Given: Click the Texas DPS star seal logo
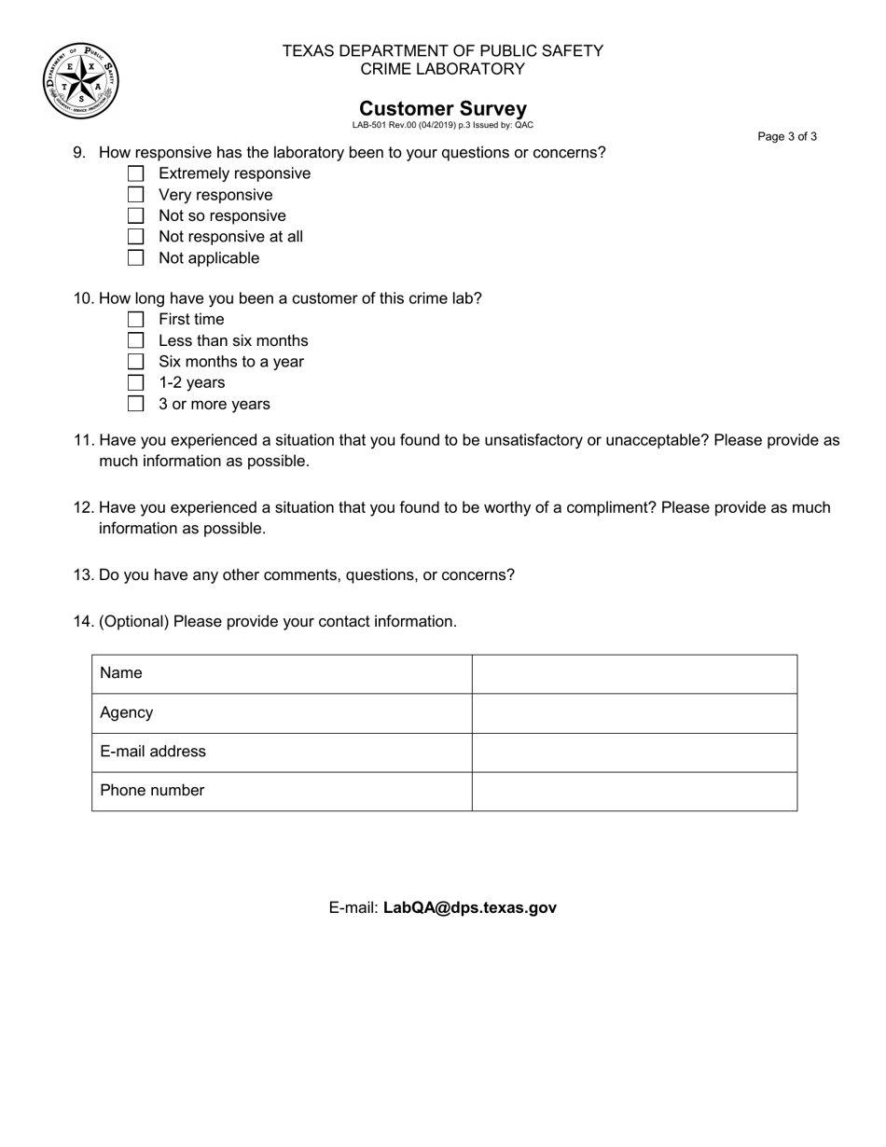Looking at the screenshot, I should [81, 81].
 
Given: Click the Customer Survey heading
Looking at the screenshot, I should [443, 108].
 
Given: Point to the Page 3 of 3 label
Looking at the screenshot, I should [787, 137].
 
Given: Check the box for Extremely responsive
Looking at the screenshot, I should [136, 173].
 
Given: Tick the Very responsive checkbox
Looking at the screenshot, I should [136, 195].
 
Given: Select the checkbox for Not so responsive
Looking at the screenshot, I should [136, 215].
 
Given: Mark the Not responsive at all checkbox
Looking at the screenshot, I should [136, 237].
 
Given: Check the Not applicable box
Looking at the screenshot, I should [136, 257].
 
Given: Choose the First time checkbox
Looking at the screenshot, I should [136, 319].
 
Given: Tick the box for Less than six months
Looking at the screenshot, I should [136, 340].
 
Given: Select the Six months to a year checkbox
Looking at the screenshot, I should [136, 361].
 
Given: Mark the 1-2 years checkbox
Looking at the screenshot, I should [136, 382].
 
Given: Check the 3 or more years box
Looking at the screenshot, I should [136, 404].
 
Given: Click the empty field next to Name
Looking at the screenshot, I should [634, 673].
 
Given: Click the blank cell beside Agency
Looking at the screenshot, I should [634, 712].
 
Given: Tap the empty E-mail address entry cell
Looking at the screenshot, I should [634, 752].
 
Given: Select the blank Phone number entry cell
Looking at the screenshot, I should [634, 791].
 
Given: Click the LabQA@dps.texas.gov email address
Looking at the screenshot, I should [470, 907].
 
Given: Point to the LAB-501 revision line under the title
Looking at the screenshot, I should [443, 125].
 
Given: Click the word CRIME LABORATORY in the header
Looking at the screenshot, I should [443, 69].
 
